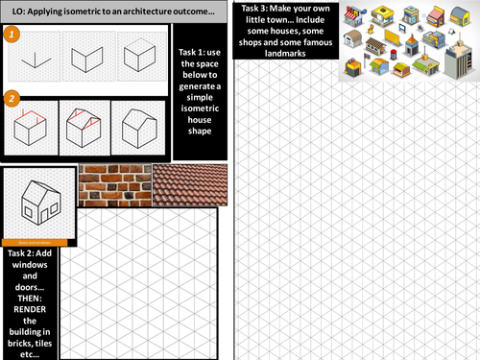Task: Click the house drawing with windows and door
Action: pyautogui.click(x=38, y=204)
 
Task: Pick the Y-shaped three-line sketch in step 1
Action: pyautogui.click(x=34, y=57)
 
